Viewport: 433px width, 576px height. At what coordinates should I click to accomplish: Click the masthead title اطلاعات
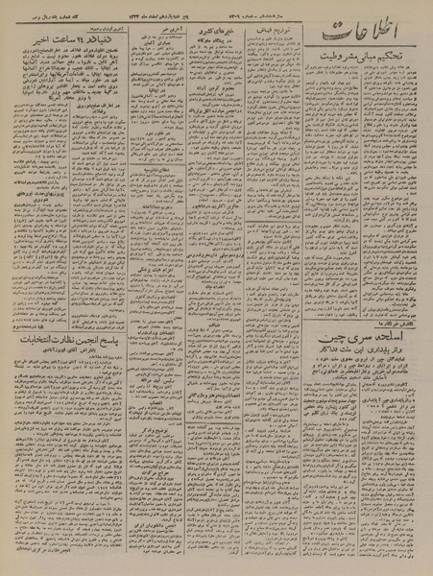370,42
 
